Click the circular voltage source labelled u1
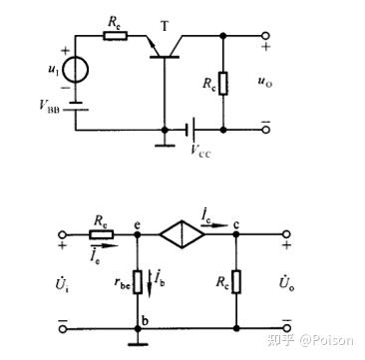[76, 70]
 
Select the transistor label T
[165, 27]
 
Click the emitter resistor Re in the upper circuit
[115, 36]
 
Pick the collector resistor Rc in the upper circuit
[223, 83]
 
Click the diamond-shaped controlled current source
[182, 234]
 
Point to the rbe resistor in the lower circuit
[138, 282]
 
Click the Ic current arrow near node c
[214, 225]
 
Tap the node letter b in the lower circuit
[145, 322]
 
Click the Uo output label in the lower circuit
[286, 283]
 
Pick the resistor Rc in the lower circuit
[236, 282]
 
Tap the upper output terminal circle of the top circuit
[265, 36]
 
